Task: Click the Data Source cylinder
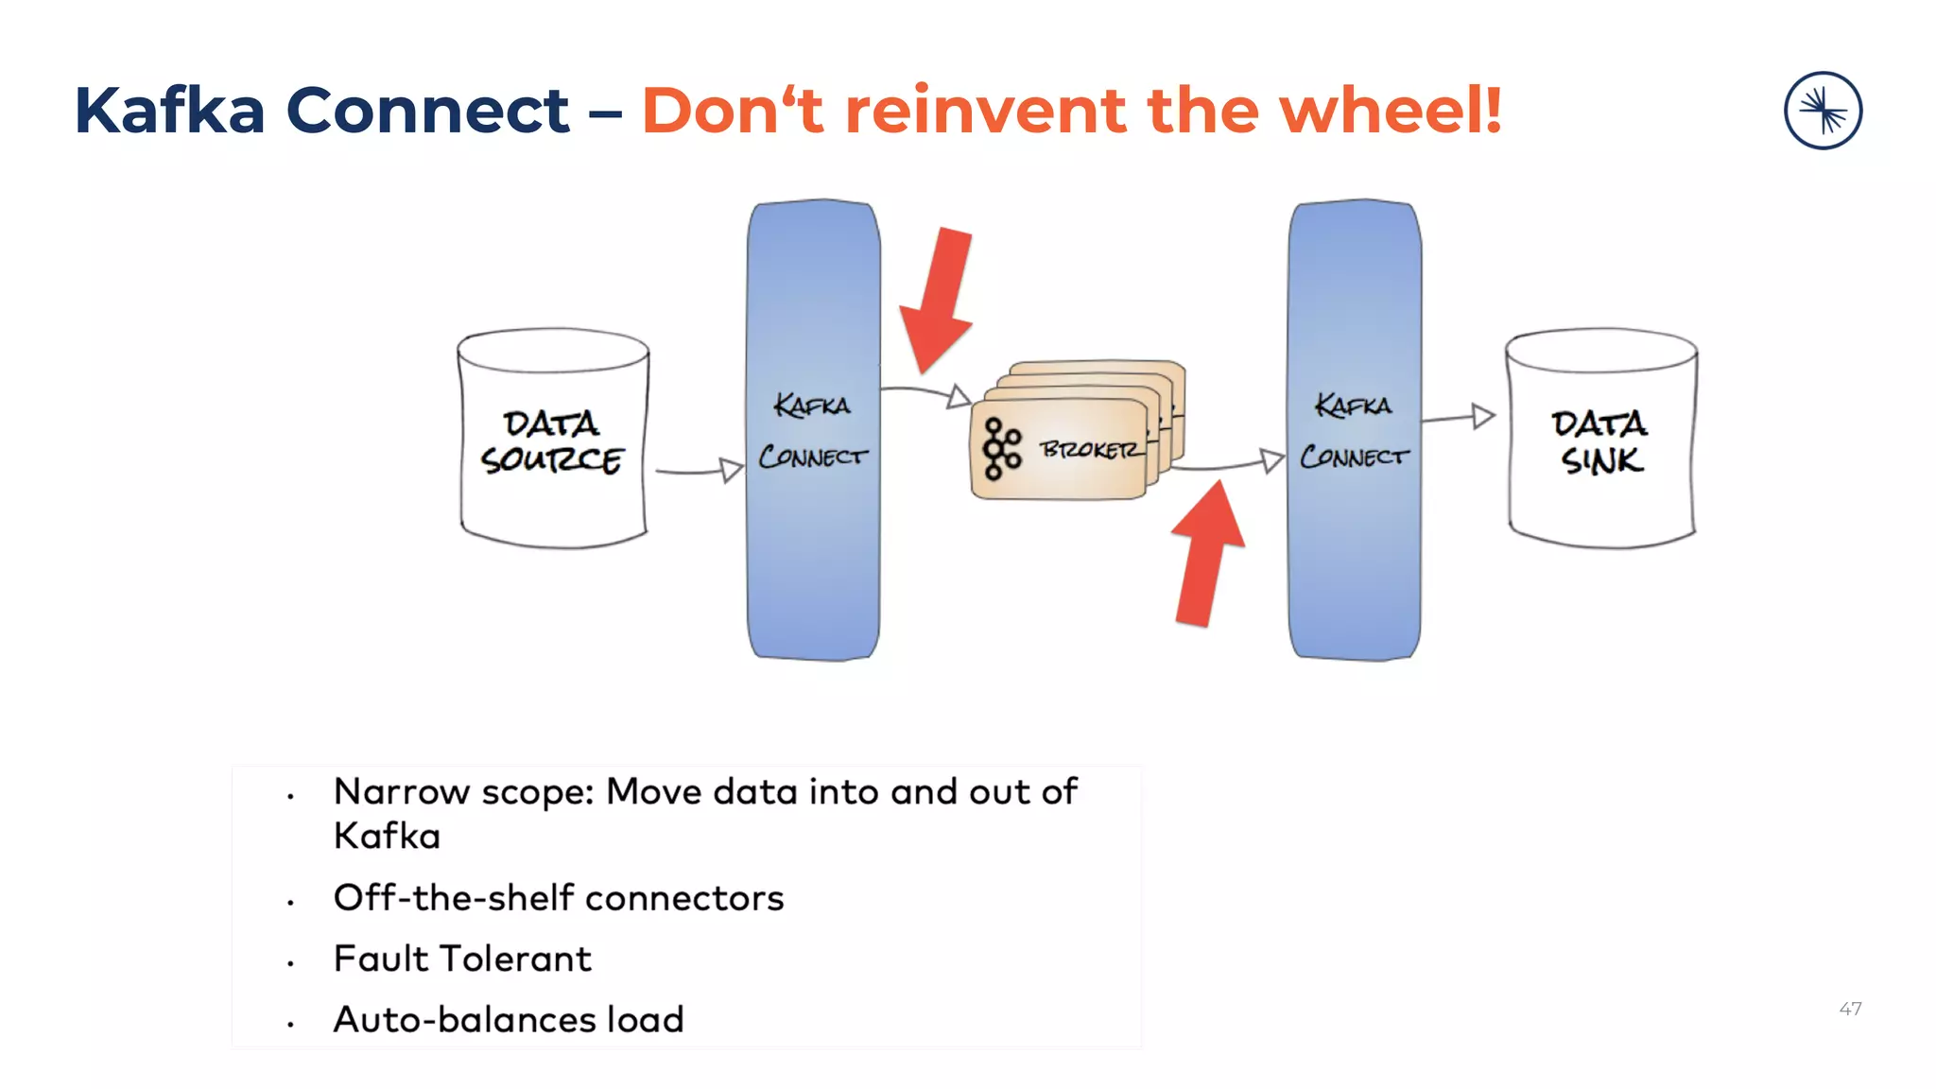tap(553, 440)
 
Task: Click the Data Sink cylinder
tap(1600, 440)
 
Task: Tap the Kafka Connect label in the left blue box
tap(813, 431)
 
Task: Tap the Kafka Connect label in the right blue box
tap(1354, 431)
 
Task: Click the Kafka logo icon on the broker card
tap(1002, 449)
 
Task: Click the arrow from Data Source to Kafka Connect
tap(700, 470)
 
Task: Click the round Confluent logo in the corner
tap(1823, 111)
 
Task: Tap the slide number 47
tap(1850, 1009)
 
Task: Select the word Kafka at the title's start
tap(170, 111)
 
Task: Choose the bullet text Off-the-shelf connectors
tap(559, 898)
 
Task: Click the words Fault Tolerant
tap(462, 959)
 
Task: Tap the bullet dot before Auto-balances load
tap(291, 1024)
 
